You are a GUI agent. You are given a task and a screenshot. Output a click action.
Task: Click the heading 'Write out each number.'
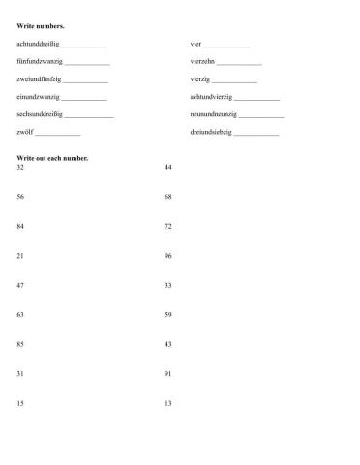52,157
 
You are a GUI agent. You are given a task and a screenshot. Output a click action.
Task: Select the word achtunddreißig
38,45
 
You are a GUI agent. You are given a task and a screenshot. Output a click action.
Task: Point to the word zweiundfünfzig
38,79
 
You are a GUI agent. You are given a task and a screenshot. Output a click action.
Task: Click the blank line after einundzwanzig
84,98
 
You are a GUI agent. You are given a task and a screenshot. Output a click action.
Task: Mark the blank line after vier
226,46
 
